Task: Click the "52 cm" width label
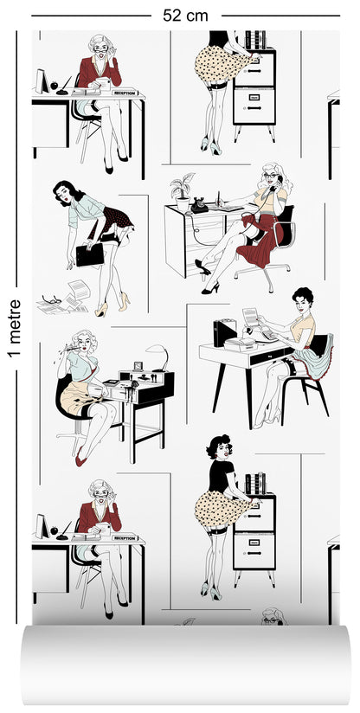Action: pos(185,15)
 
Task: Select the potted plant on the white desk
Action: pos(183,188)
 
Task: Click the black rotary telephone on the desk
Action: pos(200,205)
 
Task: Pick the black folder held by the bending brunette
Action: pos(90,254)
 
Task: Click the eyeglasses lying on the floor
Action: pos(54,299)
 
